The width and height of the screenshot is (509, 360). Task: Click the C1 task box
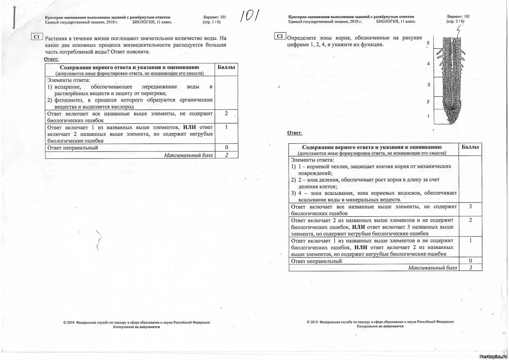click(x=37, y=37)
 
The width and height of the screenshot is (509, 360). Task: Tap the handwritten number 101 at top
click(x=249, y=16)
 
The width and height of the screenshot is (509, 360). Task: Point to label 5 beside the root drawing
click(x=428, y=43)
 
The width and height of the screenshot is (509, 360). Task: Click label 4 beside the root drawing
click(x=429, y=64)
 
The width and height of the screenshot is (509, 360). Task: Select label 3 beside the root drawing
click(x=429, y=85)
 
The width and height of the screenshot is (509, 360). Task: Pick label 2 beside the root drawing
click(x=428, y=102)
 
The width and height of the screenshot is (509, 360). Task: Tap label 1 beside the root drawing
click(x=428, y=116)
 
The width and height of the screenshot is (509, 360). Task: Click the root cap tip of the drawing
click(x=451, y=122)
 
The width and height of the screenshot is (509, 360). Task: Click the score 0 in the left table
click(x=226, y=147)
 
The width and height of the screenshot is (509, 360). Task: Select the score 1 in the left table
click(x=226, y=127)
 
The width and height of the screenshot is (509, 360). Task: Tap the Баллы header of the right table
click(x=470, y=147)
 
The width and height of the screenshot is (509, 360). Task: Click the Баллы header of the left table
click(x=226, y=67)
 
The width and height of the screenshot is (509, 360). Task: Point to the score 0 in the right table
click(x=470, y=261)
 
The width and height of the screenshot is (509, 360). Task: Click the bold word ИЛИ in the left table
click(x=189, y=127)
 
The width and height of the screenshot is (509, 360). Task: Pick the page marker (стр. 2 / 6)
click(x=455, y=21)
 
